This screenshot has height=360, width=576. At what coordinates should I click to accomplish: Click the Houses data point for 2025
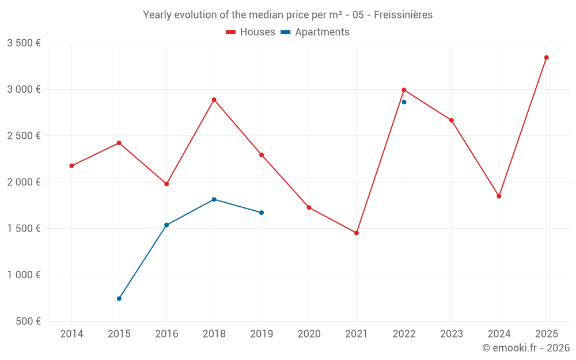tap(546, 58)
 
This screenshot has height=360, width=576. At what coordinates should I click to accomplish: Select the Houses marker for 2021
tap(357, 233)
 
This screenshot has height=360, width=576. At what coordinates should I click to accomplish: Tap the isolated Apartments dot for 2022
tap(404, 102)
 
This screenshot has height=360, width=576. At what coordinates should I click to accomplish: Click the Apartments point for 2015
tap(119, 298)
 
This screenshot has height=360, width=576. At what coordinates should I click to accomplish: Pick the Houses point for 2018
tap(214, 100)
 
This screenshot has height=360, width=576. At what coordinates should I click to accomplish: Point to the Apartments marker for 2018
tap(214, 199)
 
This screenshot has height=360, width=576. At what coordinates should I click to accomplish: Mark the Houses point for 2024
tap(499, 196)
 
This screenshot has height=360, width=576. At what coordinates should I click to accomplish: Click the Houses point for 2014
tap(71, 166)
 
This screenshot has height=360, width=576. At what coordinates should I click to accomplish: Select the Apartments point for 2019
tap(262, 213)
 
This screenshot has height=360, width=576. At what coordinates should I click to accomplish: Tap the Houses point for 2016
tap(166, 184)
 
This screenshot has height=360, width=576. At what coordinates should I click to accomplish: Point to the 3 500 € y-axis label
tap(24, 43)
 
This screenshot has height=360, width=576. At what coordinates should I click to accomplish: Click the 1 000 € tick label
tap(24, 275)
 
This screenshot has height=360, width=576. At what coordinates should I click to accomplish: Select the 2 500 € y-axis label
tap(24, 136)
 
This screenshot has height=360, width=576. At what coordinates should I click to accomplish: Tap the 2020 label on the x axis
tap(309, 334)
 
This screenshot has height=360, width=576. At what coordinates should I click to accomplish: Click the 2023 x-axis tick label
tap(452, 334)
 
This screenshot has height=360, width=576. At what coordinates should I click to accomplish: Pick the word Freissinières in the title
tap(403, 15)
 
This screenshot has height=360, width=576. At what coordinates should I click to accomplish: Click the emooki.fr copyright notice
tap(525, 348)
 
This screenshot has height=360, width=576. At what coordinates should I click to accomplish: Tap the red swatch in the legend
tap(231, 32)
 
